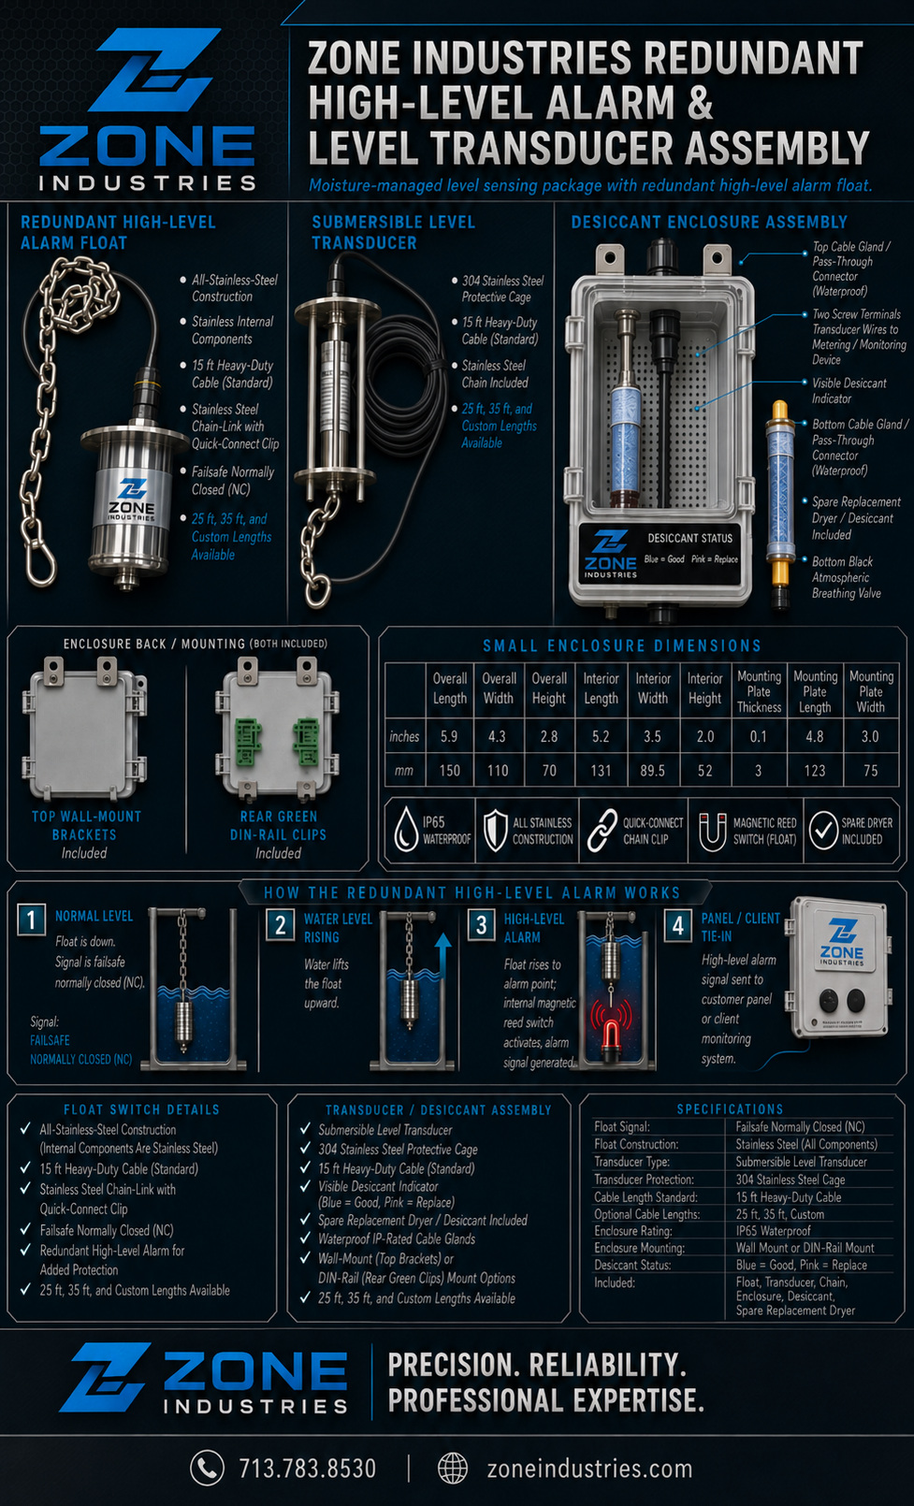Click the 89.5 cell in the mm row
click(652, 771)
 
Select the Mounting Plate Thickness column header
click(760, 691)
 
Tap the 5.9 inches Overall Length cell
click(449, 737)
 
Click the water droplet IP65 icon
click(406, 831)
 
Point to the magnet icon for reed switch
click(712, 832)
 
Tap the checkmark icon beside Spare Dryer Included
click(823, 831)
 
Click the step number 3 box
click(482, 925)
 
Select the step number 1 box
click(32, 920)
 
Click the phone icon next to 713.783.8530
click(207, 1467)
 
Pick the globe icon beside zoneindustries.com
click(453, 1468)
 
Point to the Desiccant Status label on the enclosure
click(690, 538)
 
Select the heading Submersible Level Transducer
click(394, 232)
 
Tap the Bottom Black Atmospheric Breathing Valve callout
click(846, 577)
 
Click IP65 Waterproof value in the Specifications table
click(773, 1231)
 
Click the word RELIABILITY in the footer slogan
click(607, 1366)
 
